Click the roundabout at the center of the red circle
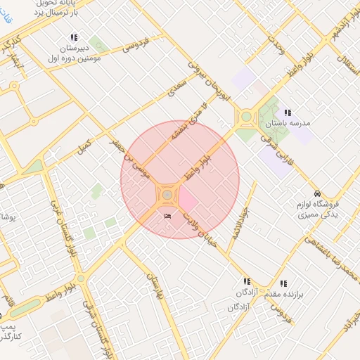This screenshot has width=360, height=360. (x=167, y=195)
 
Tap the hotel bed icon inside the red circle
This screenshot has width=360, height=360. (x=167, y=216)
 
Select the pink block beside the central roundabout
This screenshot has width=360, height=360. (x=187, y=202)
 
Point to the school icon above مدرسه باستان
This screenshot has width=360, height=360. (x=287, y=112)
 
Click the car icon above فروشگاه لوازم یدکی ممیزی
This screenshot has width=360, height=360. (x=317, y=193)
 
